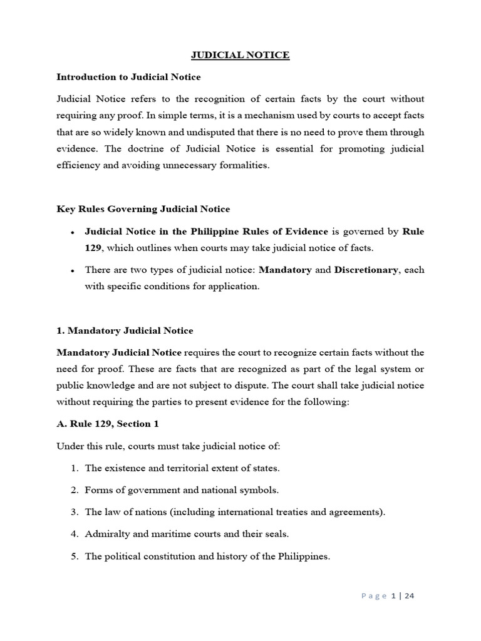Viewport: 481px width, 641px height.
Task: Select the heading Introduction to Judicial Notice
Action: pos(128,77)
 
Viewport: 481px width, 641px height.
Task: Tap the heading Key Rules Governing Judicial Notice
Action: pos(143,209)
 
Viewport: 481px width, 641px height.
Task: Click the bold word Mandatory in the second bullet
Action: pos(286,270)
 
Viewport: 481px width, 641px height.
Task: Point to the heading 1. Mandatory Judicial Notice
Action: pos(125,331)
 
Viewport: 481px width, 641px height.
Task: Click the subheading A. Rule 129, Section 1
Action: pos(108,424)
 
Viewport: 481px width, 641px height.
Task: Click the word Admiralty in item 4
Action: pos(106,534)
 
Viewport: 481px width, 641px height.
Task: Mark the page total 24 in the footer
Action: pos(409,596)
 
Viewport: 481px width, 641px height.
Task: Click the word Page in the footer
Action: pos(374,596)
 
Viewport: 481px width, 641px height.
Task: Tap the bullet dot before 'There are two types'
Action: pos(73,271)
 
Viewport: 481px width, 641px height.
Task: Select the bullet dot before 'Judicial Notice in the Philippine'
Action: pos(73,232)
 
